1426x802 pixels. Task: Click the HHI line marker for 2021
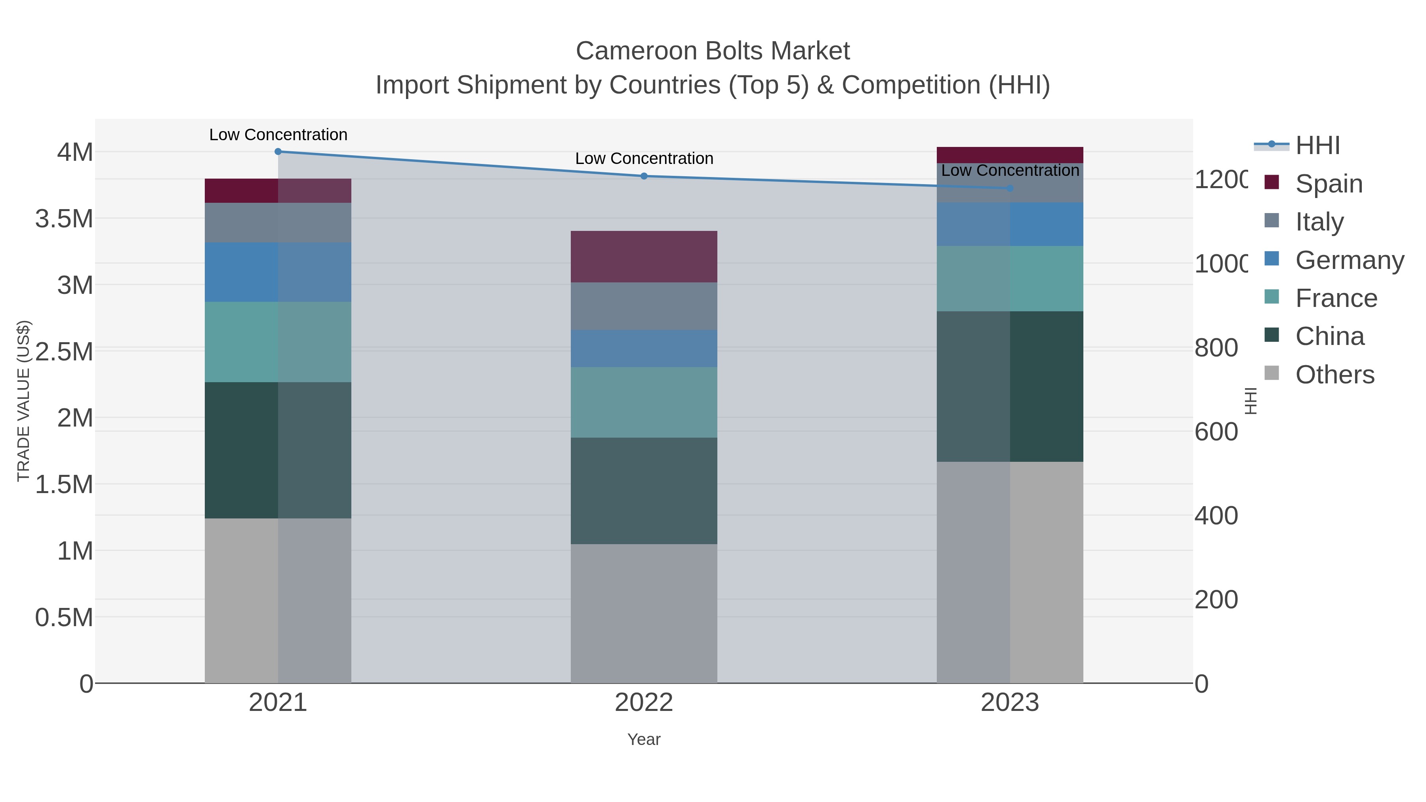pyautogui.click(x=278, y=152)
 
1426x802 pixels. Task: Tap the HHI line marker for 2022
pyautogui.click(x=644, y=176)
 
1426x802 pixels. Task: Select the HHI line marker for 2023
pyautogui.click(x=1010, y=188)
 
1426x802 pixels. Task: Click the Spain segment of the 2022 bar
pyautogui.click(x=644, y=256)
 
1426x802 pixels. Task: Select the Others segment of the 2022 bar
pyautogui.click(x=644, y=613)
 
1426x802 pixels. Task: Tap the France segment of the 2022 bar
pyautogui.click(x=644, y=402)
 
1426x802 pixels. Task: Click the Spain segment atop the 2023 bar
pyautogui.click(x=1010, y=155)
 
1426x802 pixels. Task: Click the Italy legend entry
pyautogui.click(x=1319, y=221)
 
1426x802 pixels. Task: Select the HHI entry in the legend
pyautogui.click(x=1317, y=146)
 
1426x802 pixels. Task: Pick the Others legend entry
pyautogui.click(x=1334, y=375)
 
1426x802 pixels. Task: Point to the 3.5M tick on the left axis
pyautogui.click(x=64, y=219)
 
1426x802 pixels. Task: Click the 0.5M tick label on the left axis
pyautogui.click(x=64, y=617)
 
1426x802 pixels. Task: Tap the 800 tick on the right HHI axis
pyautogui.click(x=1216, y=348)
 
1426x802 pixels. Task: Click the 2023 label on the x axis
pyautogui.click(x=1010, y=702)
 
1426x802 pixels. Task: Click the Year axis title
pyautogui.click(x=644, y=739)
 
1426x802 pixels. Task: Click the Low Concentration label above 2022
pyautogui.click(x=644, y=158)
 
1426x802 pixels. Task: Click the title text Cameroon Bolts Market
pyautogui.click(x=713, y=51)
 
